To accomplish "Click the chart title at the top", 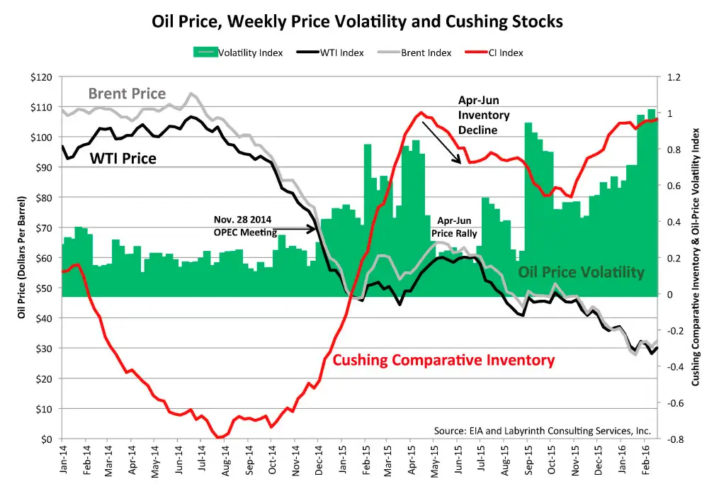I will pyautogui.click(x=357, y=21).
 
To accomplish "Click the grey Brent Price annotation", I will pyautogui.click(x=127, y=94).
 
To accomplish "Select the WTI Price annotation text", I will pyautogui.click(x=123, y=158).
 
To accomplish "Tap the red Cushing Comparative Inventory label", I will pyautogui.click(x=443, y=360).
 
